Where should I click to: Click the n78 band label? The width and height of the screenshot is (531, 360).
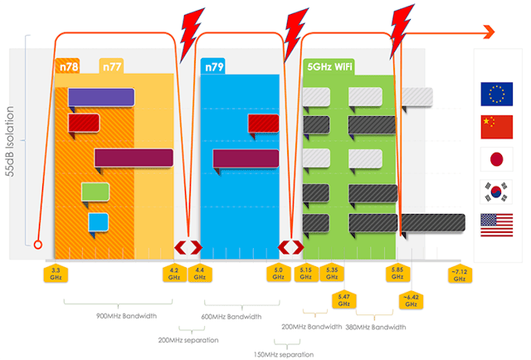coord(67,66)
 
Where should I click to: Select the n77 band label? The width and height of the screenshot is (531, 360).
coord(112,66)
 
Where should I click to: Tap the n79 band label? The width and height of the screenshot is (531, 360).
coord(215,66)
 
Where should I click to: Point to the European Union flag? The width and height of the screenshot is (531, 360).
coord(496,95)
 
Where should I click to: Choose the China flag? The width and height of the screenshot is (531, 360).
coord(496,126)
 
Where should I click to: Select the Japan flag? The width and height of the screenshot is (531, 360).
coord(496,158)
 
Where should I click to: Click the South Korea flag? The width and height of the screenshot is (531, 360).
coord(496,191)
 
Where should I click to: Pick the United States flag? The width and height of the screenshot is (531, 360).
coord(496,222)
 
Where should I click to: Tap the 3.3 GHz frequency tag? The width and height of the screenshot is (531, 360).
coord(55,273)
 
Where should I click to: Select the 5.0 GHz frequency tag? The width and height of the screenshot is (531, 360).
coord(278,273)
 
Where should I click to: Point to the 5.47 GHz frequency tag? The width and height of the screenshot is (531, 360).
coord(343,299)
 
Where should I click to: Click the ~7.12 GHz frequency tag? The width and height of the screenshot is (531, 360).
coord(460,275)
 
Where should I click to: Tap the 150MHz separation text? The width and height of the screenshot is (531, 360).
coord(284,354)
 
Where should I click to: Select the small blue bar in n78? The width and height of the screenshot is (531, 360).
coord(98,221)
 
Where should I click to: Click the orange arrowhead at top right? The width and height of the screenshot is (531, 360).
coord(487,32)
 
